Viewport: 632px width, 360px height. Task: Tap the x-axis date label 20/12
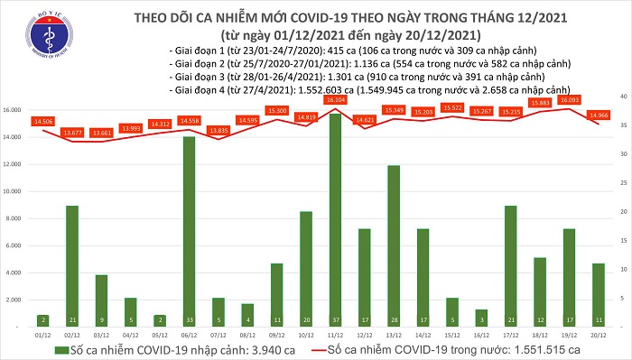click(599, 333)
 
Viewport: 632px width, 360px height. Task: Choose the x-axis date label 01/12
click(42, 333)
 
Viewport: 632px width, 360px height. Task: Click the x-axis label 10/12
click(305, 333)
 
